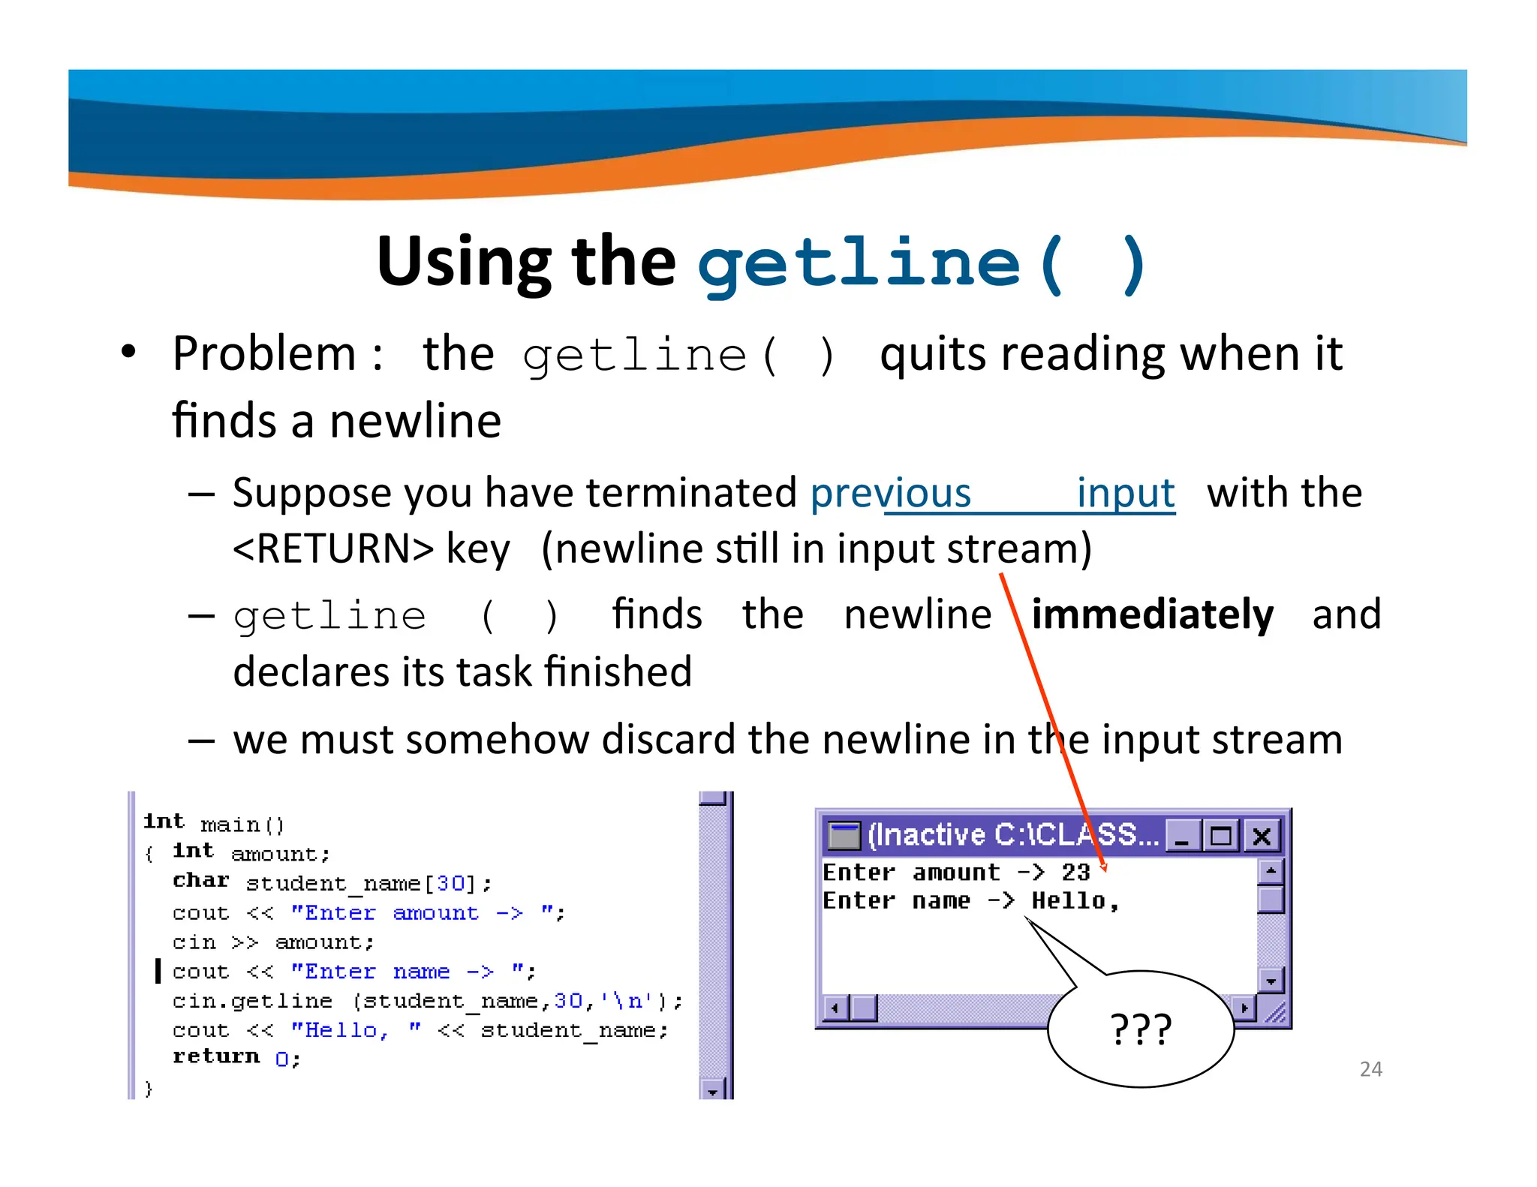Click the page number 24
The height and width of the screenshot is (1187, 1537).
click(x=1370, y=1068)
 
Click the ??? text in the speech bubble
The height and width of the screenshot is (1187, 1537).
click(x=1140, y=1029)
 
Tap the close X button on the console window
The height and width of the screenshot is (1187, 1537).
click(x=1262, y=836)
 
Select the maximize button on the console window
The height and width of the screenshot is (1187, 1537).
click(x=1221, y=836)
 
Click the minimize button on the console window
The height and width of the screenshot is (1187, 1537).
click(x=1182, y=836)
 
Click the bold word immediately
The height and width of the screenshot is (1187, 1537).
click(x=1152, y=615)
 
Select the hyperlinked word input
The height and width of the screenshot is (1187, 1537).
click(x=1125, y=494)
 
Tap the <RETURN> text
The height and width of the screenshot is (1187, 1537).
click(x=333, y=548)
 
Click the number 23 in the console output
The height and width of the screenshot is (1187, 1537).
click(x=1075, y=872)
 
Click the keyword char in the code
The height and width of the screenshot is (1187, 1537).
click(x=200, y=880)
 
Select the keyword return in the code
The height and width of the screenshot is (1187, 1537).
click(x=216, y=1056)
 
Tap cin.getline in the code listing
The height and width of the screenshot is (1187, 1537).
click(x=252, y=1001)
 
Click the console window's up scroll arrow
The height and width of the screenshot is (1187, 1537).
click(x=1271, y=871)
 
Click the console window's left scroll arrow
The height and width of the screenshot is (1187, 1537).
click(x=835, y=1008)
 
